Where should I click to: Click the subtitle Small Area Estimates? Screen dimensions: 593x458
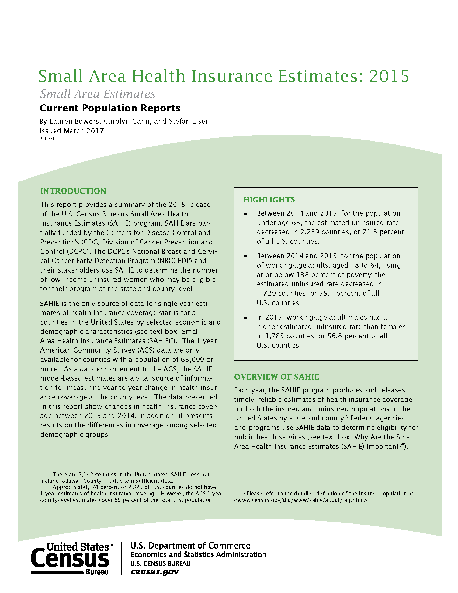pos(98,94)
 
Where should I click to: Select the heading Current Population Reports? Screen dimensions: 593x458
pos(110,108)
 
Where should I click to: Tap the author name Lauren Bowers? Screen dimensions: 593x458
pos(74,121)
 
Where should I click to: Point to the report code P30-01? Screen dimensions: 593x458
pos(47,139)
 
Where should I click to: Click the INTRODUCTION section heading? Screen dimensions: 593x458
pos(73,191)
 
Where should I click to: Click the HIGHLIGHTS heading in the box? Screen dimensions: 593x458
pos(269,200)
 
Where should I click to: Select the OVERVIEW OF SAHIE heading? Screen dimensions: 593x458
pos(276,377)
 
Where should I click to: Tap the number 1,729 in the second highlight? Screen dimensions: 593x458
pos(267,293)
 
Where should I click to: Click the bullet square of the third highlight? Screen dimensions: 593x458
pos(245,318)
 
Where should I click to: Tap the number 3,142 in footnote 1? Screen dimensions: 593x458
pos(86,474)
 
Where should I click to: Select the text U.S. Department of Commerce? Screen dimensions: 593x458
pos(190,546)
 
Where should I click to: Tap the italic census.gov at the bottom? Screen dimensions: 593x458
pos(155,571)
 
